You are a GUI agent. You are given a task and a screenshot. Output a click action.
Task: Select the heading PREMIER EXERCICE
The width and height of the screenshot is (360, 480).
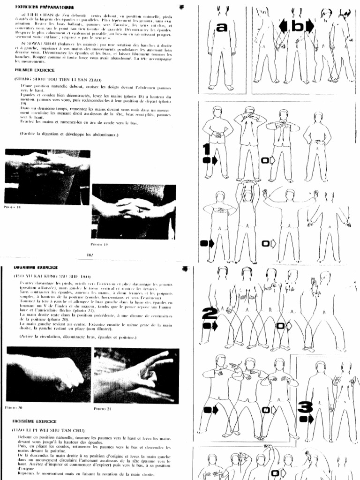pos(35,70)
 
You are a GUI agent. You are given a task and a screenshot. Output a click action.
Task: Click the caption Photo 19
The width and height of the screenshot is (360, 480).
pos(100,244)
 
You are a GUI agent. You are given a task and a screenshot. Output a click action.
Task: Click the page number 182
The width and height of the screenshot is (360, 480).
pos(90,255)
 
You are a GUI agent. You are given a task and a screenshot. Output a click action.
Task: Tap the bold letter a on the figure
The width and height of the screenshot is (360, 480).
pos(222,28)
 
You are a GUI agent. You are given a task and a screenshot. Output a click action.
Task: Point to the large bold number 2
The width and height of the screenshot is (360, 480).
pos(209,313)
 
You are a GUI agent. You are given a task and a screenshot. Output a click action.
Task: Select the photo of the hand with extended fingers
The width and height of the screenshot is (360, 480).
pos(136,375)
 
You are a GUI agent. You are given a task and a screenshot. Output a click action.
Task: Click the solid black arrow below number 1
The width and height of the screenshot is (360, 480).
pos(210,161)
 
